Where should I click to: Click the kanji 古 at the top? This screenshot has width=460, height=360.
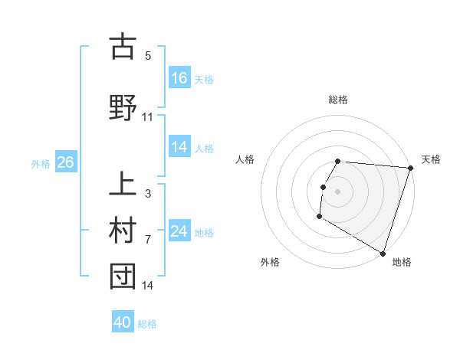pyautogui.click(x=123, y=47)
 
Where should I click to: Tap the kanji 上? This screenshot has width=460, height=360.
pyautogui.click(x=123, y=185)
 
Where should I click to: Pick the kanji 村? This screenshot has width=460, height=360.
pyautogui.click(x=123, y=231)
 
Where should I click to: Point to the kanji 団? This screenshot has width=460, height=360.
pyautogui.click(x=123, y=277)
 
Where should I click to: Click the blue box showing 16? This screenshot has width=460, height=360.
pyautogui.click(x=179, y=78)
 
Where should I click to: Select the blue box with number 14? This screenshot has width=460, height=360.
pyautogui.click(x=179, y=148)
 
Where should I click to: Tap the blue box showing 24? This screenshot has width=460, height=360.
pyautogui.click(x=179, y=231)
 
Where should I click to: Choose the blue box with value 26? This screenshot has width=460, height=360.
pyautogui.click(x=65, y=162)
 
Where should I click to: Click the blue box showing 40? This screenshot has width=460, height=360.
pyautogui.click(x=123, y=322)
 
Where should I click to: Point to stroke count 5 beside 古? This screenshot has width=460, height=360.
pyautogui.click(x=148, y=56)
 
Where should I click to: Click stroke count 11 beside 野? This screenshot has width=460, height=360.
pyautogui.click(x=148, y=117)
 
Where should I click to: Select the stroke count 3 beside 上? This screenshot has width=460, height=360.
pyautogui.click(x=148, y=194)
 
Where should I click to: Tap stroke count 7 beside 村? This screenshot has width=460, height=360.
pyautogui.click(x=148, y=240)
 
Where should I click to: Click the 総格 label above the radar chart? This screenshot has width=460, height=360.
pyautogui.click(x=338, y=100)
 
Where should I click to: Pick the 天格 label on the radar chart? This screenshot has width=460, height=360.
pyautogui.click(x=431, y=159)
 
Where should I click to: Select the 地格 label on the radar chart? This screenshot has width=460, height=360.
pyautogui.click(x=402, y=262)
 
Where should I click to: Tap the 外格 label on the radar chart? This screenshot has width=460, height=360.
pyautogui.click(x=270, y=262)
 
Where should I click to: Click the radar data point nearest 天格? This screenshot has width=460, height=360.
pyautogui.click(x=410, y=168)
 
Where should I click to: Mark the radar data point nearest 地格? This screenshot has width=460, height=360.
pyautogui.click(x=383, y=253)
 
